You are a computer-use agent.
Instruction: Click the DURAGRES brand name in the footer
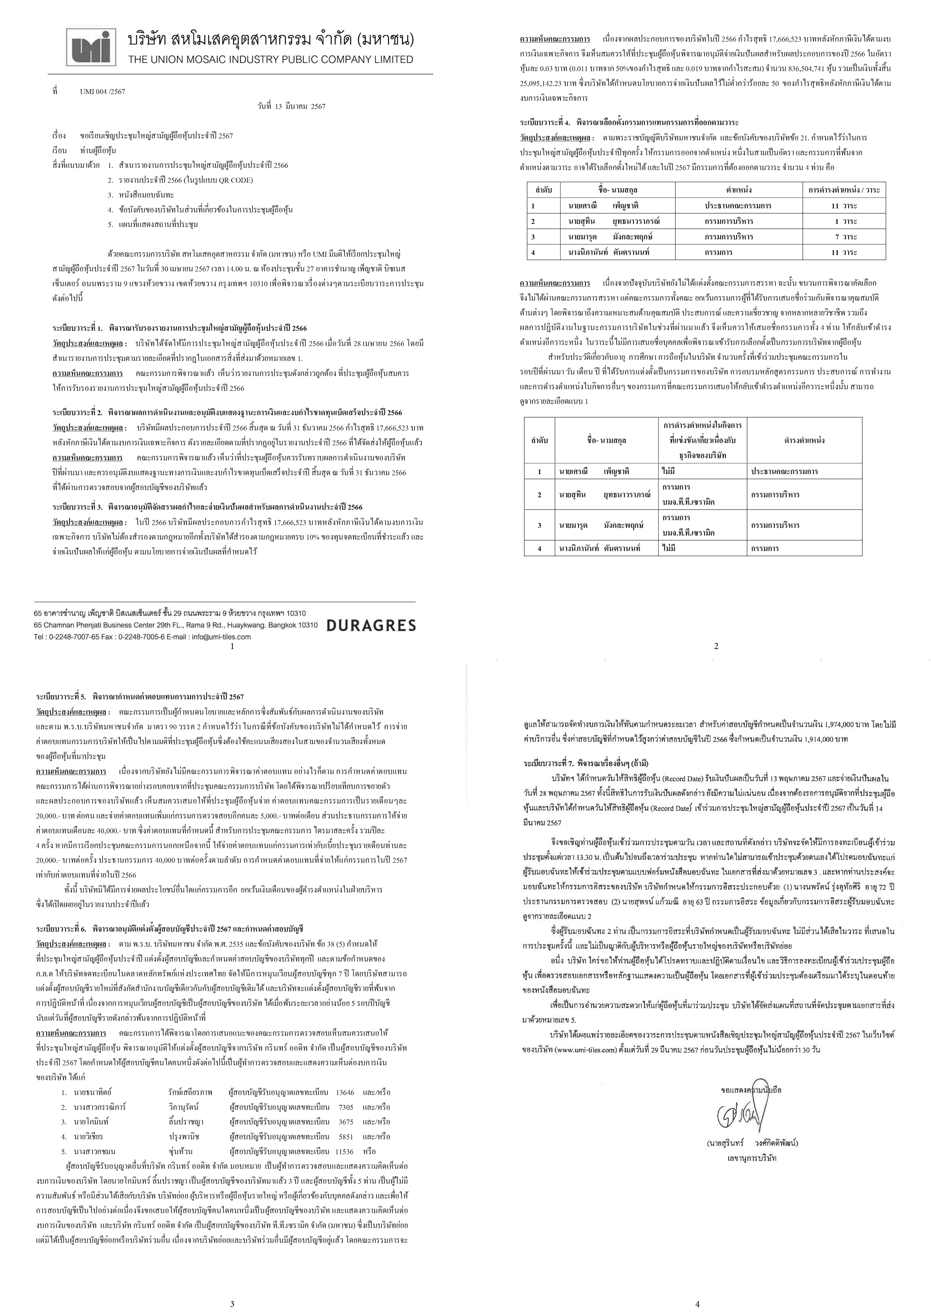(x=371, y=625)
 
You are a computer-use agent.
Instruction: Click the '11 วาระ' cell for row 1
(x=844, y=206)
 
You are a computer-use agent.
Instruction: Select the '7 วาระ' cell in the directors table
(x=844, y=237)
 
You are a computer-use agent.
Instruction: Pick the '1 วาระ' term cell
(x=844, y=221)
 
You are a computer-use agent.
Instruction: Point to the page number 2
(x=715, y=646)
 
